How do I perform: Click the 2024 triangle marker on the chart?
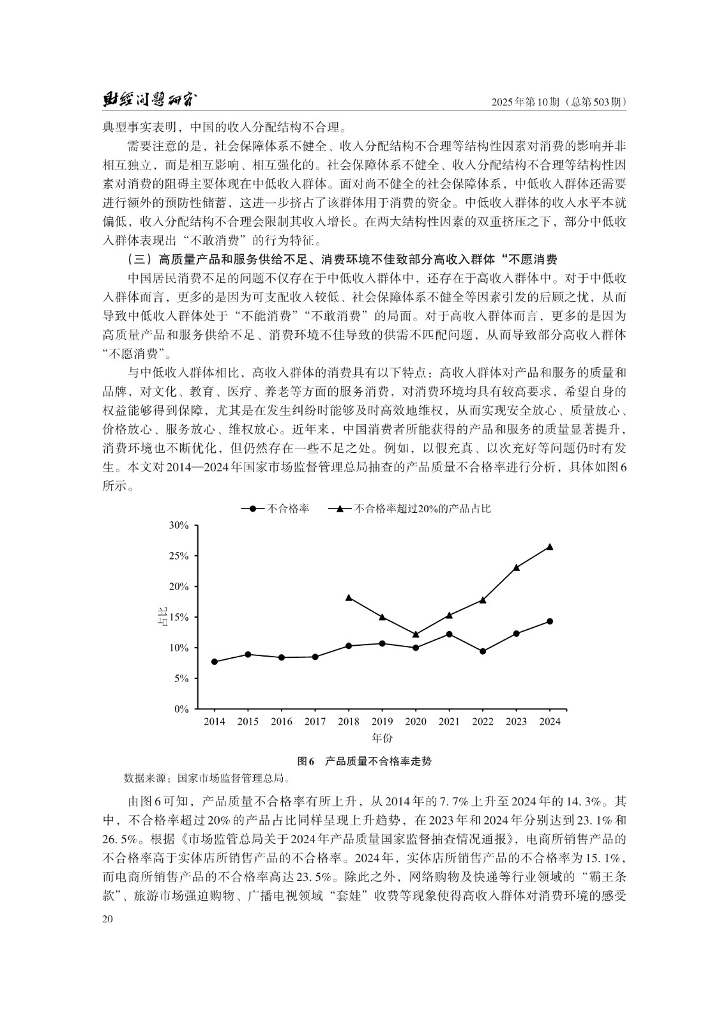point(550,547)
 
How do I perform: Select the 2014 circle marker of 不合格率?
point(215,662)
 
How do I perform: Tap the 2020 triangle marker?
point(416,634)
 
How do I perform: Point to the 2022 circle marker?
point(483,652)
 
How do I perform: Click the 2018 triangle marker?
point(349,597)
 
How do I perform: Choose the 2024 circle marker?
point(550,621)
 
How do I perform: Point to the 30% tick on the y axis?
point(178,525)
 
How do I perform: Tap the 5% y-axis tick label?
point(181,678)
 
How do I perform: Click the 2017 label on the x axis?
point(315,722)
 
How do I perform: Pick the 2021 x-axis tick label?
point(449,722)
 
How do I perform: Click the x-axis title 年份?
point(382,738)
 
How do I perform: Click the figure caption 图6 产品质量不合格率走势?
point(365,761)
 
